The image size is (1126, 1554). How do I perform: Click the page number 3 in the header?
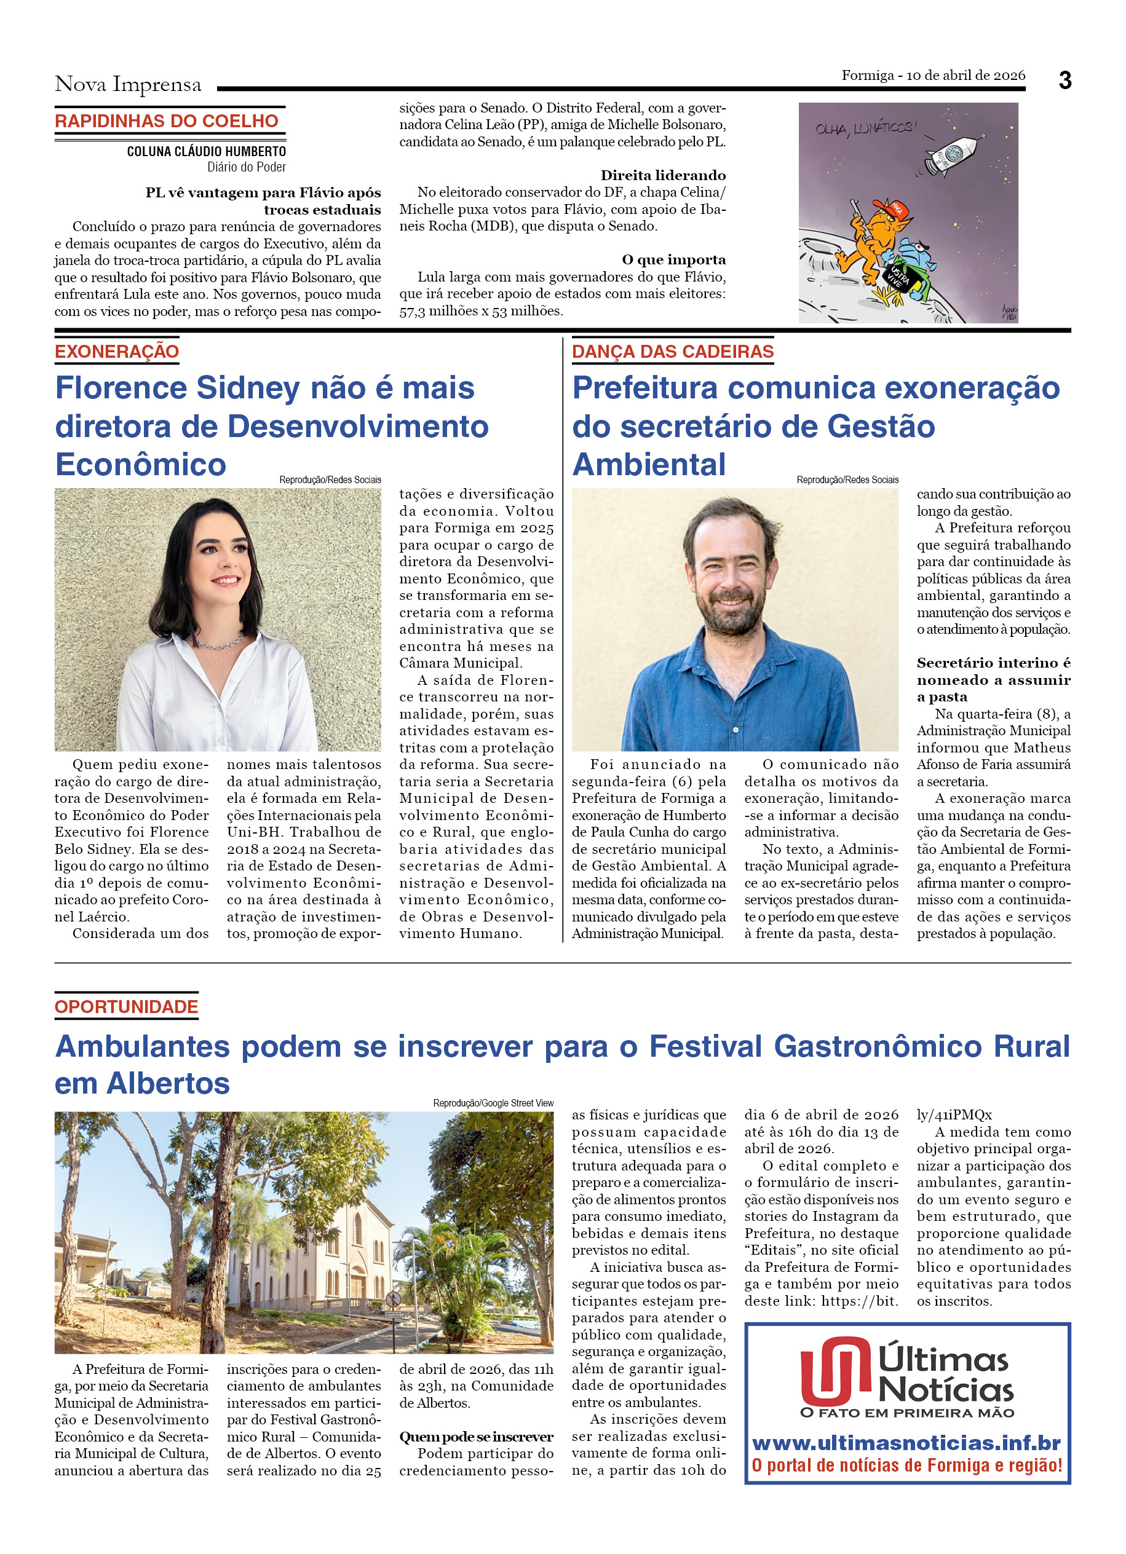1065,81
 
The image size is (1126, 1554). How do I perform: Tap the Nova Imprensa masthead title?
128,84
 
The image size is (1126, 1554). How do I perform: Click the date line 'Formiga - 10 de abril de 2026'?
933,76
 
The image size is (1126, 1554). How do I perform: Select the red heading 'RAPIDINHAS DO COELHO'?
167,121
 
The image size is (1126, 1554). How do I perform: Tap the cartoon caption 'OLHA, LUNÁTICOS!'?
865,127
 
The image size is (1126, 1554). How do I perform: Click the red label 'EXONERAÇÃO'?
116,352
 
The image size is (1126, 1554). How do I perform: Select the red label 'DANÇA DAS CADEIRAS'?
672,352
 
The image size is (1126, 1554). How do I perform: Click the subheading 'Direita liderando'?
663,175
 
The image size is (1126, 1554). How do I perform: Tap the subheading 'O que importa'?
673,259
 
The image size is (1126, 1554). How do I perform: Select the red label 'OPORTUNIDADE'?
126,1006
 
